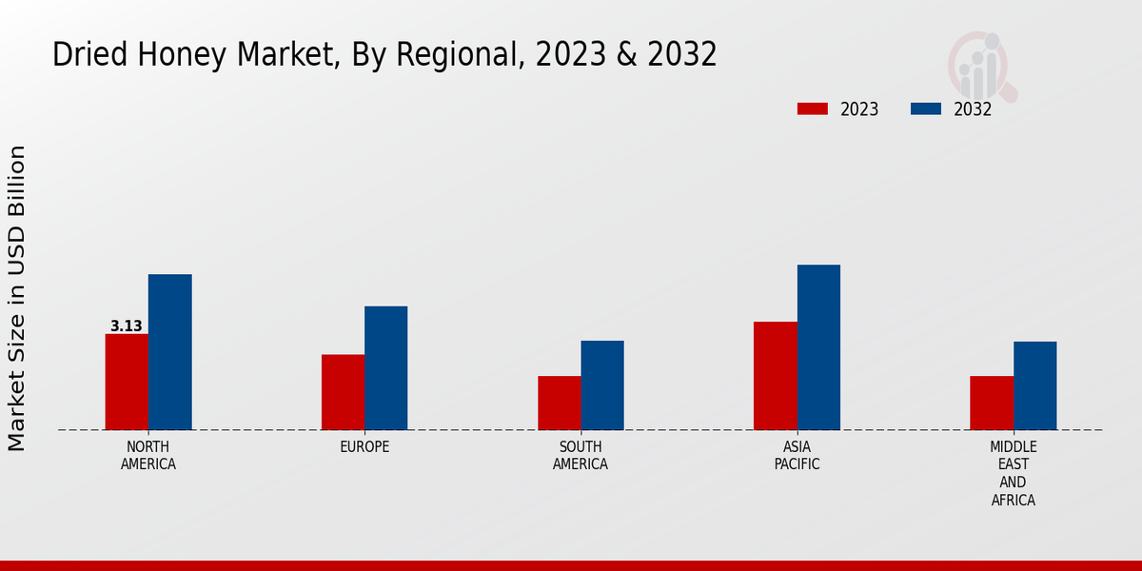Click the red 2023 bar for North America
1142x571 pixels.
127,382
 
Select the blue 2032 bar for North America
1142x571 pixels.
169,352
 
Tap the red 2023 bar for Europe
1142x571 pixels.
343,392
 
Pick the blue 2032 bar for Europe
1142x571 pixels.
385,367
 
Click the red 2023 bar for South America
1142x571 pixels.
559,403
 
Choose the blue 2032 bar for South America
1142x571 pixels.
602,385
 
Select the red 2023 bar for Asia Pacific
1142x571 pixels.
775,376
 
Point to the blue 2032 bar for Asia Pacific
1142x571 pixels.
818,347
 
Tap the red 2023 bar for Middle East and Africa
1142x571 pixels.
992,403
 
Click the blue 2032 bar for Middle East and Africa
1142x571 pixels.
1034,385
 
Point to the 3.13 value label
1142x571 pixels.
126,326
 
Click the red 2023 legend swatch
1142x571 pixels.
813,109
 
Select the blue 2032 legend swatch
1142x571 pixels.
925,109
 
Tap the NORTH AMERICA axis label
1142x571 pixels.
148,456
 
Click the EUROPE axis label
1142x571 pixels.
364,447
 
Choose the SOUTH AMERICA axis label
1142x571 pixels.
581,456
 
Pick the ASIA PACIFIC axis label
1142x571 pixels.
797,456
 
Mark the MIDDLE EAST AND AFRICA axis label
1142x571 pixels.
1014,473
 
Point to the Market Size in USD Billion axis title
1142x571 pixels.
17,298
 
